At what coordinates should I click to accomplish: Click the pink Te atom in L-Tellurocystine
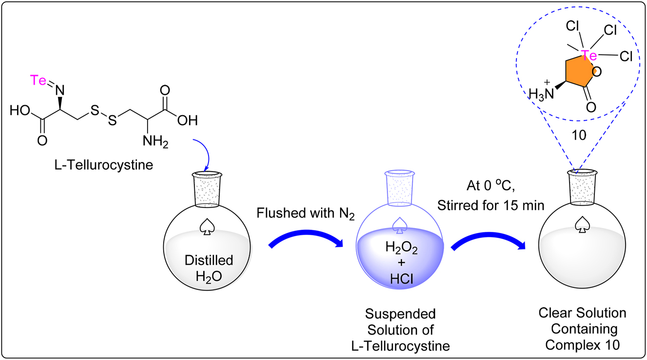(39, 80)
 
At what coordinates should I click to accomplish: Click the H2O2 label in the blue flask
(400, 248)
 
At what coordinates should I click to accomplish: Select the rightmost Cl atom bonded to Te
(626, 57)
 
